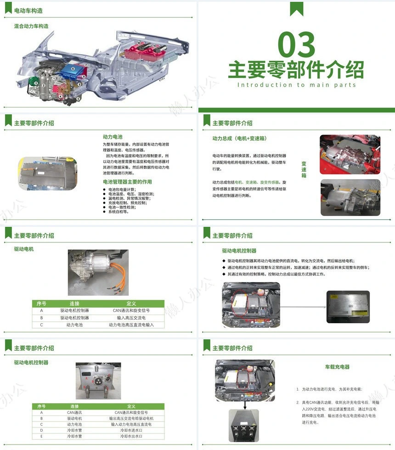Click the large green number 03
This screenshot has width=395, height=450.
click(296, 45)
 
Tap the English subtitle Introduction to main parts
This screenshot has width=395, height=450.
click(296, 85)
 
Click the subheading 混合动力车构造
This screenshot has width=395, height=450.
click(31, 26)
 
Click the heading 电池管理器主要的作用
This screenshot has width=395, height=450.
click(127, 182)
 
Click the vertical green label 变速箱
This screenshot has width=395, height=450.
click(304, 169)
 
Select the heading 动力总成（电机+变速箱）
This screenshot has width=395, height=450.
click(239, 138)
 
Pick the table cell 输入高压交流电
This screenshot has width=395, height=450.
click(131, 318)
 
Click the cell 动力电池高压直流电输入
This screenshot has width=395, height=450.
click(131, 325)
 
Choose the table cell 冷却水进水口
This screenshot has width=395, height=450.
click(131, 430)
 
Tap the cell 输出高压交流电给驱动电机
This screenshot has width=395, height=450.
click(131, 418)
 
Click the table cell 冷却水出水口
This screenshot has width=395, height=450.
click(131, 436)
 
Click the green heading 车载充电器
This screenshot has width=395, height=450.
click(337, 367)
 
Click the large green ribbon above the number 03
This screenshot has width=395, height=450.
click(296, 9)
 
